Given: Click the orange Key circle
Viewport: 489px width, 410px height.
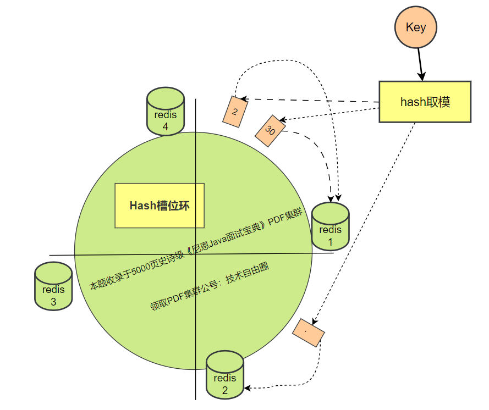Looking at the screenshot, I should click(x=415, y=27).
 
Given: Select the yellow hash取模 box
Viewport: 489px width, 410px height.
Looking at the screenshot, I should click(x=425, y=102).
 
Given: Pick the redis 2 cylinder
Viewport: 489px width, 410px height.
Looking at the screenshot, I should click(x=224, y=375).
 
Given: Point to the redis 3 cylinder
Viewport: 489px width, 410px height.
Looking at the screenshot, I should click(x=53, y=286).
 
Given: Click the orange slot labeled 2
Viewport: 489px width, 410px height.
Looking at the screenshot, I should click(x=234, y=112).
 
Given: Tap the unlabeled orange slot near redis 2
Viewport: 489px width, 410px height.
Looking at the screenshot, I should click(x=308, y=333).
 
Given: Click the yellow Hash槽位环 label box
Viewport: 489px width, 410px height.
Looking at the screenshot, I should click(x=160, y=206).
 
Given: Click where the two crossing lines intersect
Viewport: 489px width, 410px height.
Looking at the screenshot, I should click(x=196, y=254).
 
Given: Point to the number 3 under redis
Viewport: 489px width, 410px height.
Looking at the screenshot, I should click(x=53, y=302).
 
